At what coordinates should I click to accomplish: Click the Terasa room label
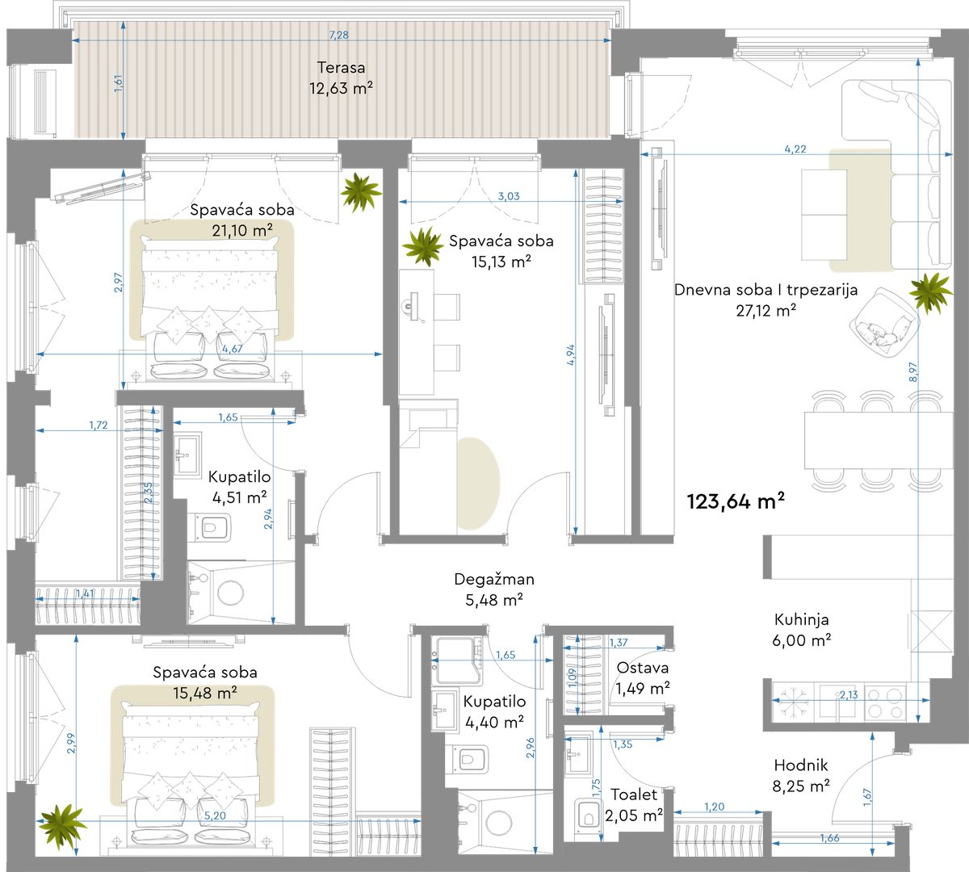[x=341, y=67]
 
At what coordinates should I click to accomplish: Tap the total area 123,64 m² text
[x=736, y=501]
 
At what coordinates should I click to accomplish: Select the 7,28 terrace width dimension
[x=338, y=35]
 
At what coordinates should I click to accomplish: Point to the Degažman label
[x=494, y=579]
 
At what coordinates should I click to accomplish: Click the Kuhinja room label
[x=801, y=620]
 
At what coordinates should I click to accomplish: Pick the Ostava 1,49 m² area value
[x=643, y=689]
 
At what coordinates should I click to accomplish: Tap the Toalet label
[x=634, y=794]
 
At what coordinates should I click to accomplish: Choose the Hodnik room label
[x=801, y=765]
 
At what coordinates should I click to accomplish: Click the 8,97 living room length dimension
[x=913, y=372]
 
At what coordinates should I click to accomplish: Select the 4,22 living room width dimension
[x=795, y=149]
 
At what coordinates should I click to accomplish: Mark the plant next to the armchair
[x=931, y=293]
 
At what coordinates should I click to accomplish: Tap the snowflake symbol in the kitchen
[x=791, y=700]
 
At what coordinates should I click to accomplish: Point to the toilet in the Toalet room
[x=587, y=815]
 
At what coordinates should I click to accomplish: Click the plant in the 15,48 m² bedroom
[x=62, y=826]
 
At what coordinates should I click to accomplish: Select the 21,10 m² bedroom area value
[x=242, y=230]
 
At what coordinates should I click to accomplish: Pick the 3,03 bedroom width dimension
[x=509, y=196]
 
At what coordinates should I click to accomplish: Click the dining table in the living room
[x=879, y=440]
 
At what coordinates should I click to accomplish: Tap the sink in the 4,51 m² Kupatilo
[x=187, y=455]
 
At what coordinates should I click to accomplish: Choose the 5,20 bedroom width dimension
[x=215, y=816]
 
